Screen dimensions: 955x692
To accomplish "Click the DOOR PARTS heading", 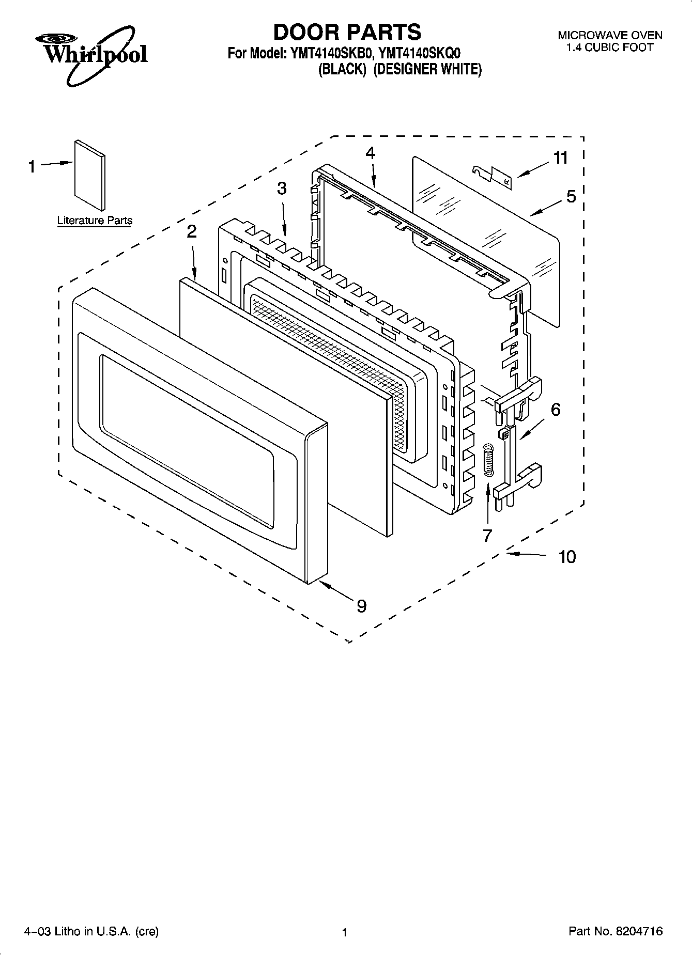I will [347, 32].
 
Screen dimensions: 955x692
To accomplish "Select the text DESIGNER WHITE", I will [427, 69].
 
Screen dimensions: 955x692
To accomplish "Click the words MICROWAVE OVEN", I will [610, 36].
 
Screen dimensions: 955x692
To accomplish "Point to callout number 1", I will [32, 167].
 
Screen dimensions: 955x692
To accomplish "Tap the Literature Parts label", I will [95, 221].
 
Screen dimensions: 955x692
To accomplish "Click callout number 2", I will [191, 232].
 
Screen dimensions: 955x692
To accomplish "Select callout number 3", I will [281, 189].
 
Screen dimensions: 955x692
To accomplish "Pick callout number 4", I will [370, 153].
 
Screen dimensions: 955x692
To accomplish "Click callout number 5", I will [571, 196].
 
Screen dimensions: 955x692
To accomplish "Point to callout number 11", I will [560, 158].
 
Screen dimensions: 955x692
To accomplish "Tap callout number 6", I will [556, 410].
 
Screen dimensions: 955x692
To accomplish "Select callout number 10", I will [567, 557].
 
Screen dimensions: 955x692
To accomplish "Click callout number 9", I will [361, 605].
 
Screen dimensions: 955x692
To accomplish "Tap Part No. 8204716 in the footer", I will [615, 931].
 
